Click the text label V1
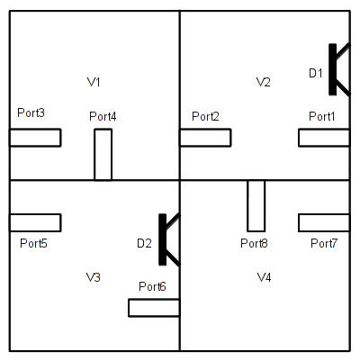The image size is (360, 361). click(x=94, y=82)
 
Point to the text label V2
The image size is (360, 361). click(x=264, y=82)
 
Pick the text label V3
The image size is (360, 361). click(x=94, y=277)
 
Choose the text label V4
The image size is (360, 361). click(x=265, y=277)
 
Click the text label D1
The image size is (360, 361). click(x=316, y=73)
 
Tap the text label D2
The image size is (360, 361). click(x=144, y=243)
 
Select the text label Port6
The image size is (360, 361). click(x=152, y=286)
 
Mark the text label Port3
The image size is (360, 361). click(x=31, y=113)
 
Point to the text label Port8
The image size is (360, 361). click(x=254, y=243)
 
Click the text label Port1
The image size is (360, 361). click(x=322, y=116)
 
